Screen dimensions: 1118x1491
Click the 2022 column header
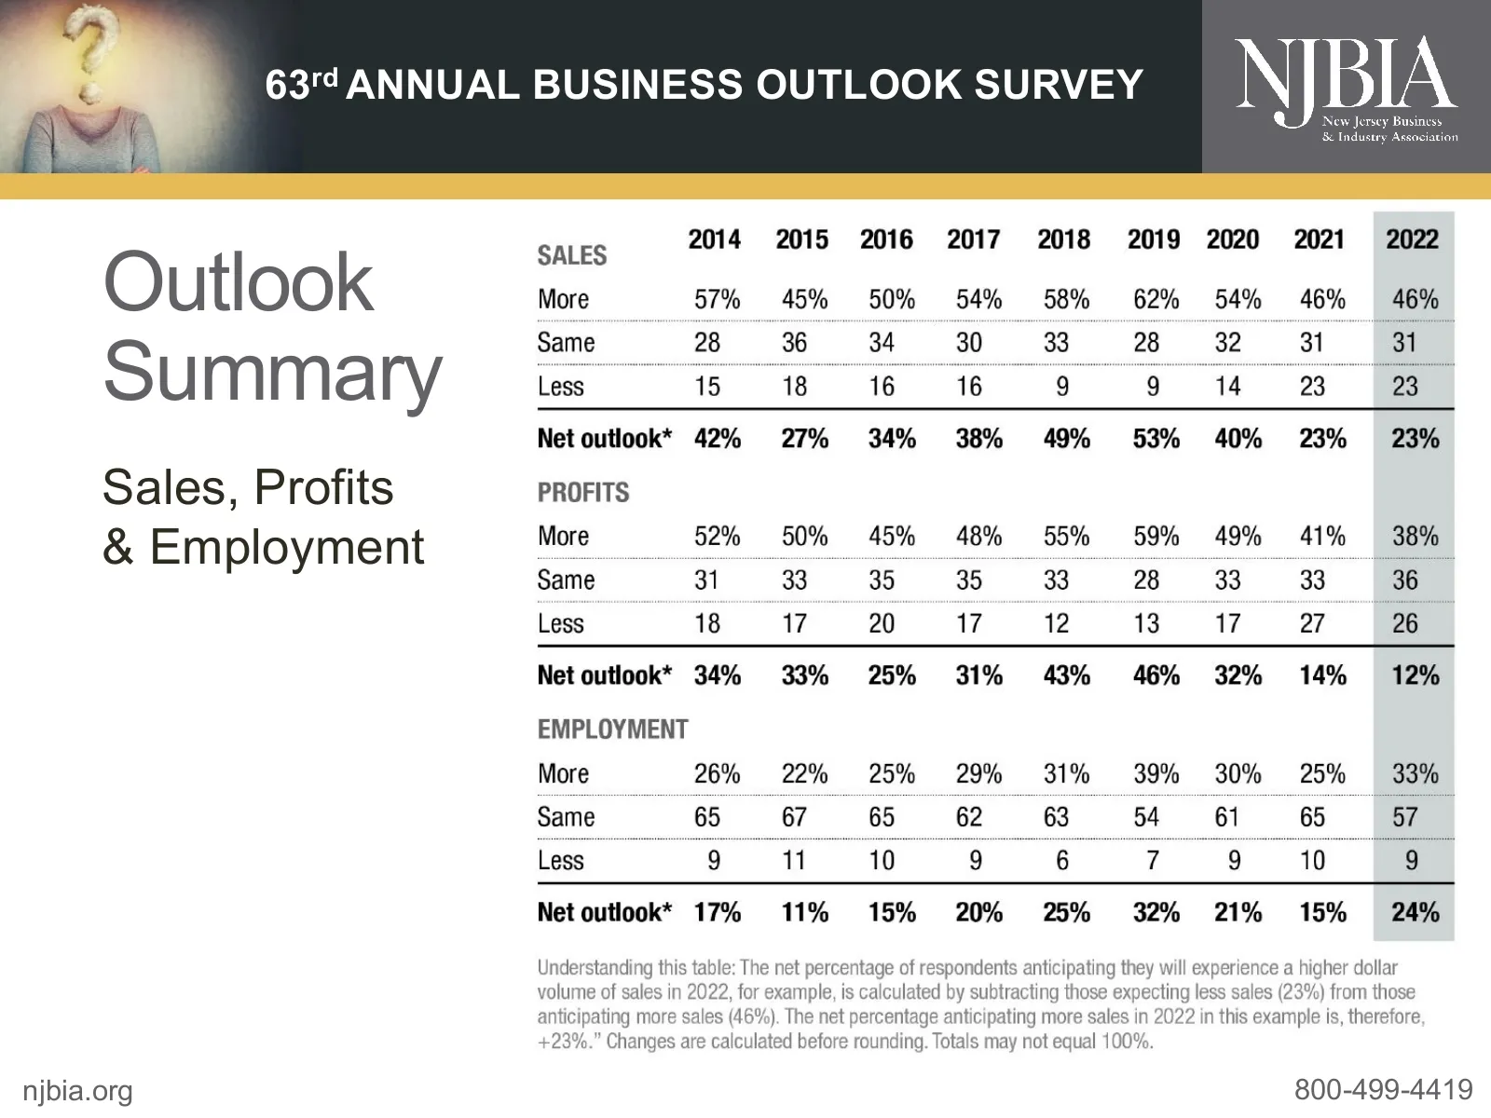[1412, 239]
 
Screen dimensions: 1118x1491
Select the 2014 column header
[715, 239]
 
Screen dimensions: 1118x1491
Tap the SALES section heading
[572, 255]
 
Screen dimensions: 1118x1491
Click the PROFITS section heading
[583, 492]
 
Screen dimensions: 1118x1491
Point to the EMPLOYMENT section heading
[612, 729]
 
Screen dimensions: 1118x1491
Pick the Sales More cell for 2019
[1156, 299]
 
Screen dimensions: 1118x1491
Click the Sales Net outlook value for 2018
[1066, 438]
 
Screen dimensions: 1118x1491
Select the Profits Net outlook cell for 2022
[1415, 675]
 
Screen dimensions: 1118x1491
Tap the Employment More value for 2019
[1156, 773]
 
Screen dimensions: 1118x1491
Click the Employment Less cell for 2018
[1062, 860]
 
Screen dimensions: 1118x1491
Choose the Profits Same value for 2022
[1405, 579]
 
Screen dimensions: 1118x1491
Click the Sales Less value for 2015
[794, 386]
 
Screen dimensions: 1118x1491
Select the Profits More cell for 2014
[717, 536]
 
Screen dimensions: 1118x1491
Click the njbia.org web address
[77, 1090]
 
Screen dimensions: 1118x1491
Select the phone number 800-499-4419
[1383, 1089]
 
